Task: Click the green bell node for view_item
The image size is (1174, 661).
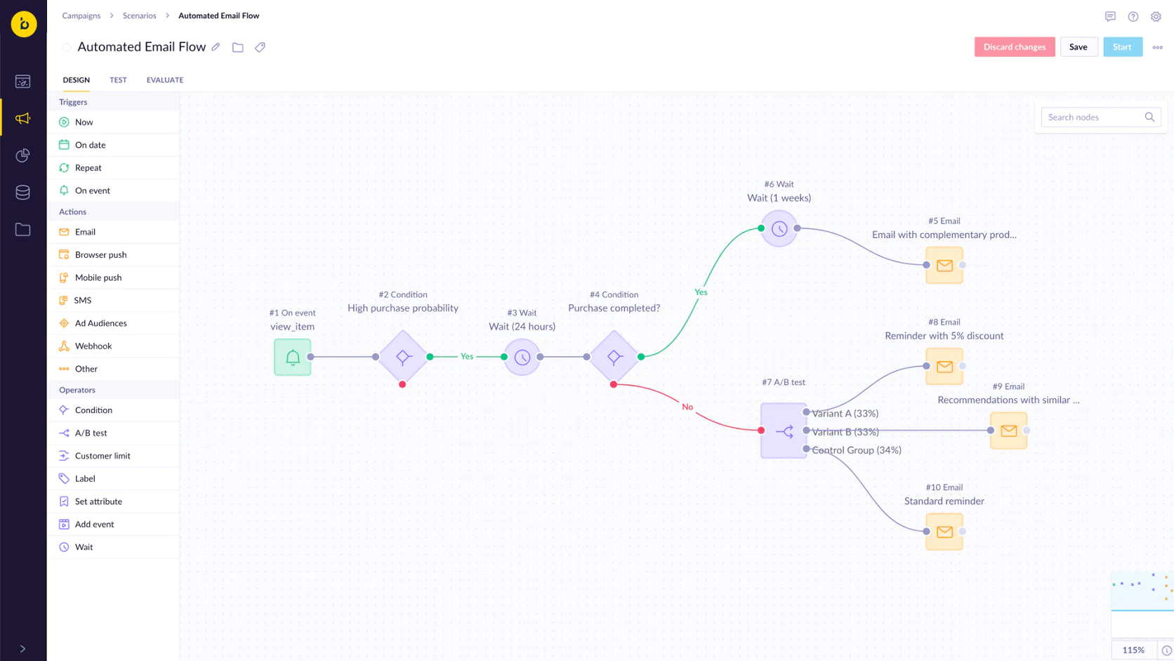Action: tap(292, 357)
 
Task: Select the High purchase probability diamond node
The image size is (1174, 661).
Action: tap(403, 357)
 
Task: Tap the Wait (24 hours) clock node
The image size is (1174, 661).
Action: tap(522, 357)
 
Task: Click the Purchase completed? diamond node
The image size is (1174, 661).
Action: tap(614, 357)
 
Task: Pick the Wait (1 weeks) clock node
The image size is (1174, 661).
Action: tap(779, 228)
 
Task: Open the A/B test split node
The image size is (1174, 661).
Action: tap(783, 431)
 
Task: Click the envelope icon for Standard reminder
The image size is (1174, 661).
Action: tap(944, 532)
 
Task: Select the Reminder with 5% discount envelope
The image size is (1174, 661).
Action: tap(944, 366)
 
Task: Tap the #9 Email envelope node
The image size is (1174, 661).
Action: tap(1008, 431)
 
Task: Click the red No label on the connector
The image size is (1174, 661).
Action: tap(687, 407)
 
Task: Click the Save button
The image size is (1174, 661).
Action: tap(1078, 47)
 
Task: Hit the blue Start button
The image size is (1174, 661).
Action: tap(1122, 47)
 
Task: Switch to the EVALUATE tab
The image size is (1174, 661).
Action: tap(165, 80)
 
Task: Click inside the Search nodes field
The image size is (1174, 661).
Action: tap(1093, 117)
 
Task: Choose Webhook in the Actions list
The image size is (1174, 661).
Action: tap(93, 346)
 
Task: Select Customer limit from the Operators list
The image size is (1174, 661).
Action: tap(103, 456)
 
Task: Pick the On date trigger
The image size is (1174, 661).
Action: tap(91, 145)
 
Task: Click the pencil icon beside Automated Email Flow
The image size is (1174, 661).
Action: tap(216, 47)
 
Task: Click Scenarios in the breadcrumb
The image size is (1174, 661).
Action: tap(139, 15)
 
